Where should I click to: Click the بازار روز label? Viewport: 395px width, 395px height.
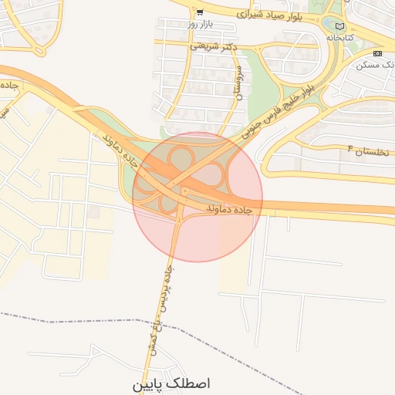[199, 25]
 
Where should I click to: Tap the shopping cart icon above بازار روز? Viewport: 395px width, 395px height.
[200, 12]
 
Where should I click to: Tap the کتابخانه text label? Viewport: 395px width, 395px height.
[339, 37]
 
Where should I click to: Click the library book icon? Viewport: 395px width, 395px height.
[340, 26]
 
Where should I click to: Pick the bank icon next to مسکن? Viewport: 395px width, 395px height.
[376, 53]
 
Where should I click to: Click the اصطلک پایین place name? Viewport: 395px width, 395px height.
[171, 383]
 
